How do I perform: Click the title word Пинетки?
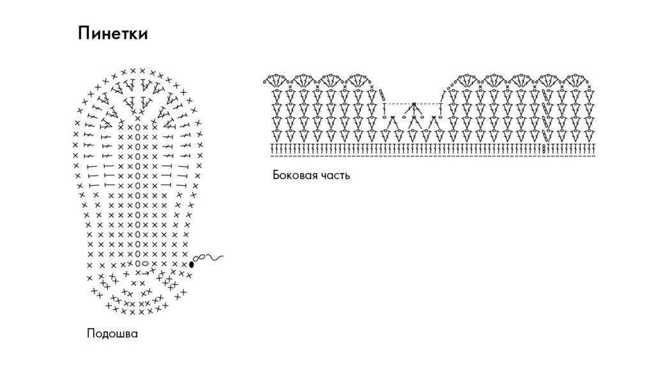pos(112,33)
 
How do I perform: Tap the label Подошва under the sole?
pos(112,333)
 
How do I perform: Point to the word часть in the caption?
pos(335,175)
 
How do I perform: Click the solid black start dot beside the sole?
pos(191,264)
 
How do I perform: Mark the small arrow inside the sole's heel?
pos(146,273)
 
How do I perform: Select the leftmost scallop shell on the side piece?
pos(275,80)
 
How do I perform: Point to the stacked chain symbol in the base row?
pos(544,149)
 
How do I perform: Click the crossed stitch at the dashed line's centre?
pos(414,104)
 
